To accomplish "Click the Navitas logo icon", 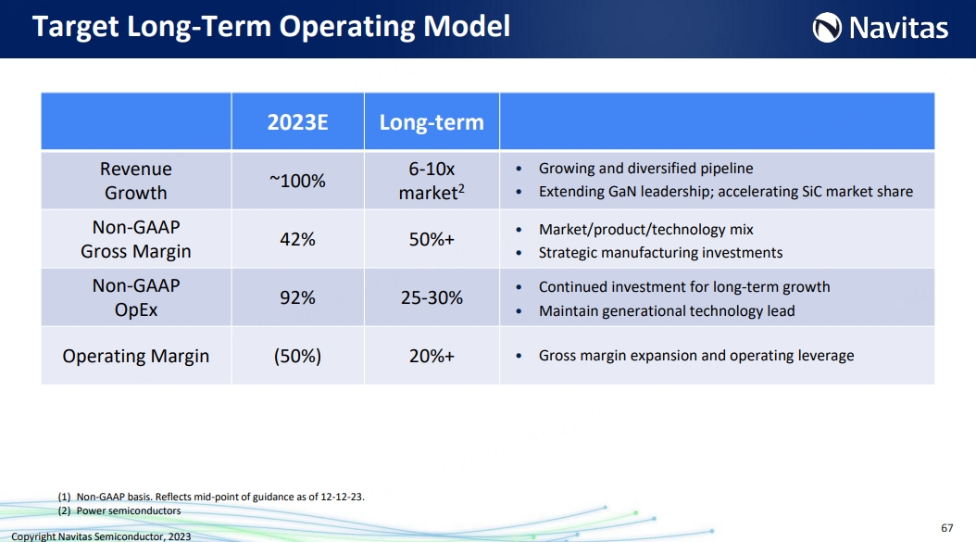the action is [x=827, y=28].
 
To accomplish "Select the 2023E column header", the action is [x=297, y=122].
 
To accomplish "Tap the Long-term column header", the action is [x=432, y=122].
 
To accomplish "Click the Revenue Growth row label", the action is [x=136, y=181].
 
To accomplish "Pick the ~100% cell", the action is [x=297, y=181].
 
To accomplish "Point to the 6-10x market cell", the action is [x=432, y=181].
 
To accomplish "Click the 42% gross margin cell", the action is [x=297, y=239].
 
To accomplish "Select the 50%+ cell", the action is [x=432, y=239].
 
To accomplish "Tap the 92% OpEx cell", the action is [x=297, y=297].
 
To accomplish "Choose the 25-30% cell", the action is [x=432, y=297].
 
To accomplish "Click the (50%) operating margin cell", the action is [x=297, y=357].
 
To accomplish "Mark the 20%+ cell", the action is [x=432, y=357].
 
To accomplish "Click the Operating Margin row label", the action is [x=136, y=357].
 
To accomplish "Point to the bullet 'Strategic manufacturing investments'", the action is [x=660, y=252].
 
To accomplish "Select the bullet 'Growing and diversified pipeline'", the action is [x=645, y=169].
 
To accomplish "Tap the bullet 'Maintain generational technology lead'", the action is [x=667, y=311].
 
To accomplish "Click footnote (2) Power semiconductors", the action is [x=119, y=510].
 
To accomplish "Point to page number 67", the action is [x=946, y=528].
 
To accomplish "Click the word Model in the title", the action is [x=467, y=26].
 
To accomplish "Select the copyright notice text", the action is [x=101, y=536].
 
